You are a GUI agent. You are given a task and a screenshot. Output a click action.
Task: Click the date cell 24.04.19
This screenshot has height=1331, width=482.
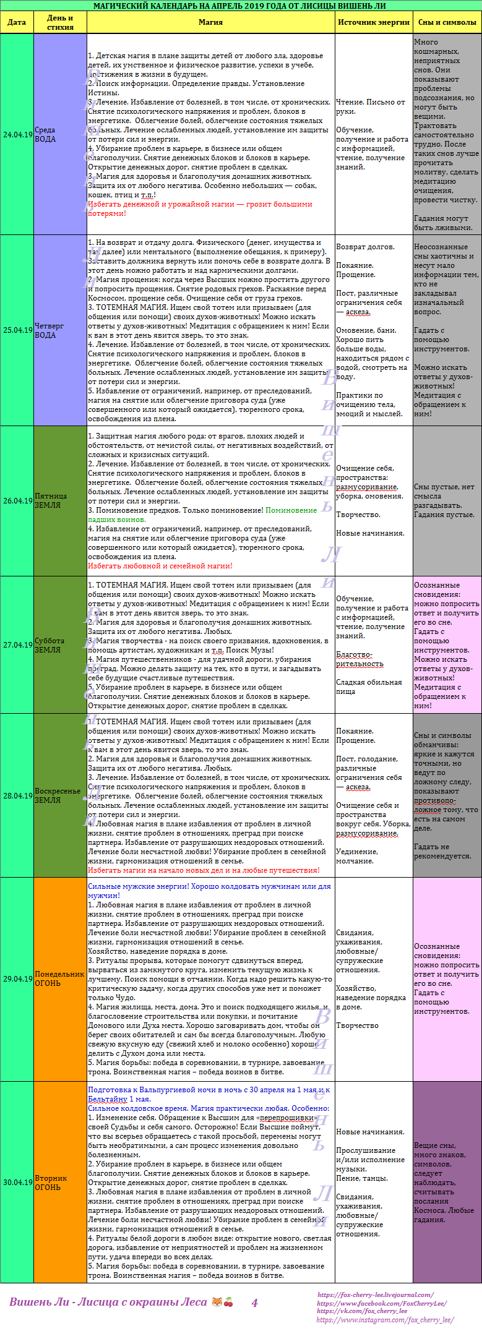(x=17, y=134)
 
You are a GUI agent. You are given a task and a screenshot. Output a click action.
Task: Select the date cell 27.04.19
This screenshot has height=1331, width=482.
(x=17, y=644)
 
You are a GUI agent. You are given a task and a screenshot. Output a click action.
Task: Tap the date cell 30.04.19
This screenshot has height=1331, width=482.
(x=17, y=1182)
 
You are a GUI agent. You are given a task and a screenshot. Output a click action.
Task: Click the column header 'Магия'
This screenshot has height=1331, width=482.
(x=210, y=22)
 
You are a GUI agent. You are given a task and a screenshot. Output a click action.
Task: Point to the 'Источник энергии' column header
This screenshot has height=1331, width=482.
(x=374, y=22)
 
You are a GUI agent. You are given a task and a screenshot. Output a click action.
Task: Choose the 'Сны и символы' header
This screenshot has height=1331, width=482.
(x=447, y=22)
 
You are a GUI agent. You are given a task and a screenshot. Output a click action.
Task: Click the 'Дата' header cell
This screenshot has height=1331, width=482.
(x=17, y=22)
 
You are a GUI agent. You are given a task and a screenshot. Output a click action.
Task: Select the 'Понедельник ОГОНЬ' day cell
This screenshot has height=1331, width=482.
(x=59, y=978)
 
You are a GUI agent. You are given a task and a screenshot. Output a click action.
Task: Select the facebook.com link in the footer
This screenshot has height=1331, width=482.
(x=382, y=1303)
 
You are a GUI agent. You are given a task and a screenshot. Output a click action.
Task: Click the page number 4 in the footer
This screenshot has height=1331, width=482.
(x=254, y=1303)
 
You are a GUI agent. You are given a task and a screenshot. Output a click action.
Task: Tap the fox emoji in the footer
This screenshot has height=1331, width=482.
(x=217, y=1302)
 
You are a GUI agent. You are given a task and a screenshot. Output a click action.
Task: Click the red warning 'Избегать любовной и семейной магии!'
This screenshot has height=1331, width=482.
(x=160, y=566)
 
